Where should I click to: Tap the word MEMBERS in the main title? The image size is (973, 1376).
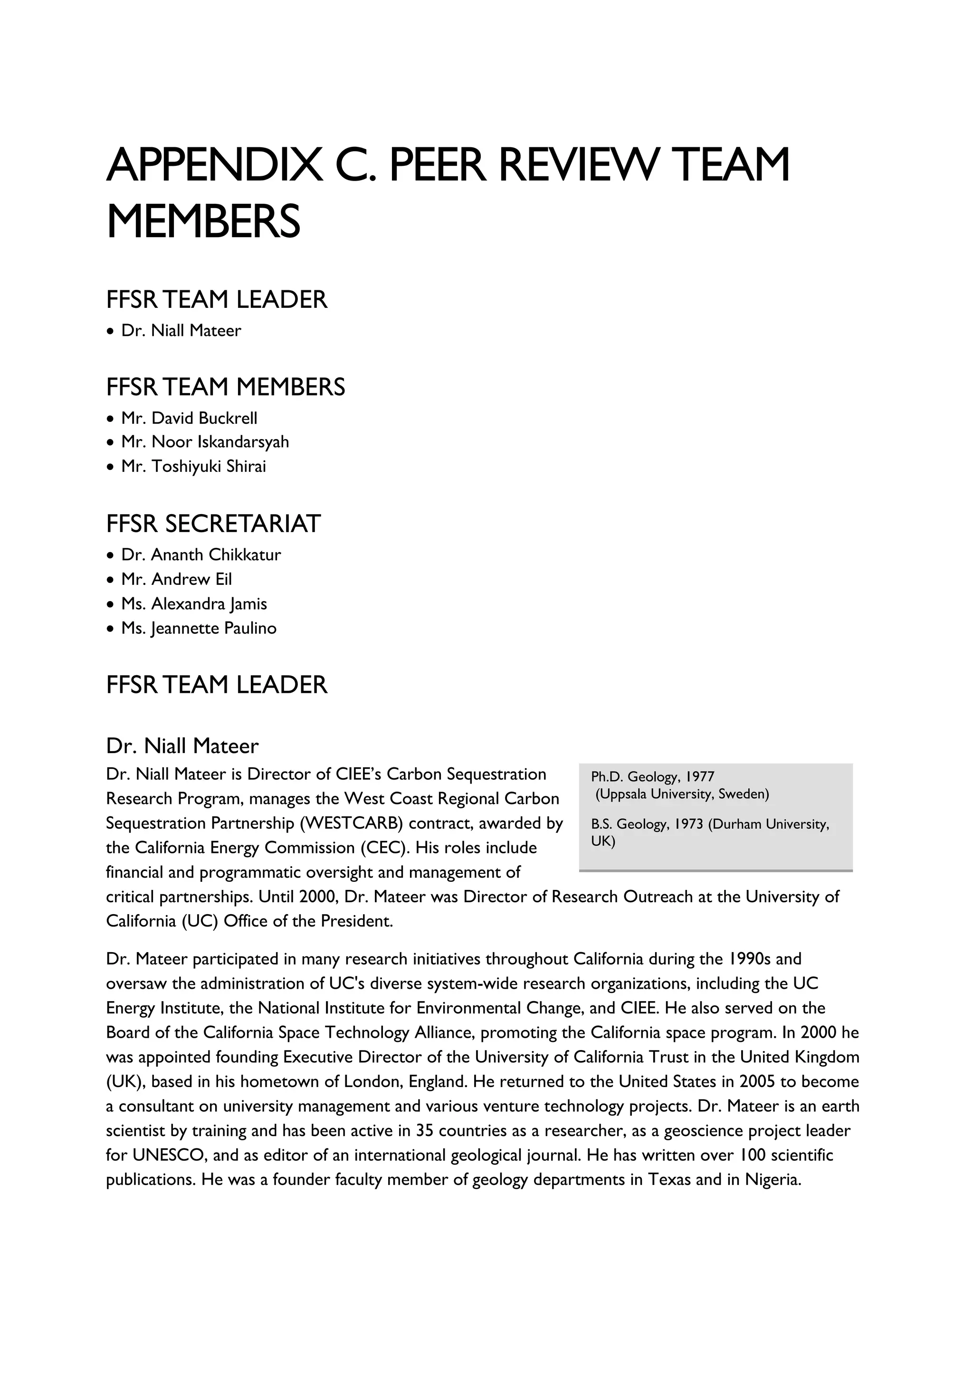point(203,221)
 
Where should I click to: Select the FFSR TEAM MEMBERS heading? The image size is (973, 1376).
point(225,387)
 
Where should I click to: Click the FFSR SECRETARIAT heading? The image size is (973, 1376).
point(213,524)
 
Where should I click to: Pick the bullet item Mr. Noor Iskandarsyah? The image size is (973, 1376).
point(205,442)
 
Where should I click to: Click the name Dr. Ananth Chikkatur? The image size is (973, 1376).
point(200,554)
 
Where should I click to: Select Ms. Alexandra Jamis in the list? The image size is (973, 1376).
point(194,603)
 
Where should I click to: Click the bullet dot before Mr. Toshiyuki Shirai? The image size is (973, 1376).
point(109,467)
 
